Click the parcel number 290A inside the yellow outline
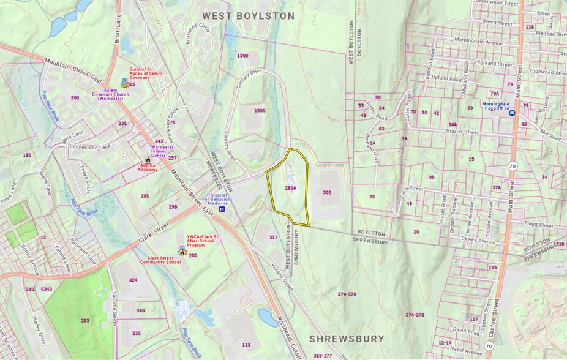point(290,188)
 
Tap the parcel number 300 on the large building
point(327,192)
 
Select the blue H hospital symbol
point(222,209)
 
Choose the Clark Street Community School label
point(160,260)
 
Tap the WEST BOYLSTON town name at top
point(249,16)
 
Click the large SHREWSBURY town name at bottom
point(347,339)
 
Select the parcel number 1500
point(242,56)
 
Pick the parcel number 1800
point(260,110)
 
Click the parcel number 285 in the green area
point(85,320)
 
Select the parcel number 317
point(273,237)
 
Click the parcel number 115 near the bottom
point(246,345)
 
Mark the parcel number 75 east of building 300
point(372,197)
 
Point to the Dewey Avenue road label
point(478,241)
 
